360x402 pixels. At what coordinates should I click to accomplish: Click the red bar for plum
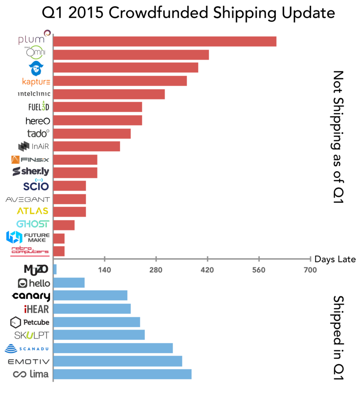click(x=165, y=41)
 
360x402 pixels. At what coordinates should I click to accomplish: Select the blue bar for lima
click(x=122, y=374)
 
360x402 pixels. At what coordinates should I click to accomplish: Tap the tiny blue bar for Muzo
click(x=55, y=269)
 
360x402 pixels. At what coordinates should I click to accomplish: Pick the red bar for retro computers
click(x=59, y=251)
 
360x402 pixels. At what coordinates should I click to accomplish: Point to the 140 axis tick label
click(x=105, y=270)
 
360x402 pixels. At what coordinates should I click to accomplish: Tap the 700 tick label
click(x=310, y=270)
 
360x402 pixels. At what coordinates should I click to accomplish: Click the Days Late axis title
click(x=335, y=259)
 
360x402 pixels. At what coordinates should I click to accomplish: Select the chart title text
click(x=188, y=13)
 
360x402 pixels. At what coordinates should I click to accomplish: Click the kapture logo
click(x=36, y=81)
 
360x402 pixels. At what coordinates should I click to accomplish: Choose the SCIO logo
click(x=36, y=186)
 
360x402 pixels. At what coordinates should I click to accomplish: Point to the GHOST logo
click(x=33, y=224)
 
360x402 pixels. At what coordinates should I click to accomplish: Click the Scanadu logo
click(x=28, y=349)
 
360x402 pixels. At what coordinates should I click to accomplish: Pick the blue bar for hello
click(x=69, y=283)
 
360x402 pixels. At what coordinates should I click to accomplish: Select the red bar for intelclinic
click(x=109, y=94)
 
